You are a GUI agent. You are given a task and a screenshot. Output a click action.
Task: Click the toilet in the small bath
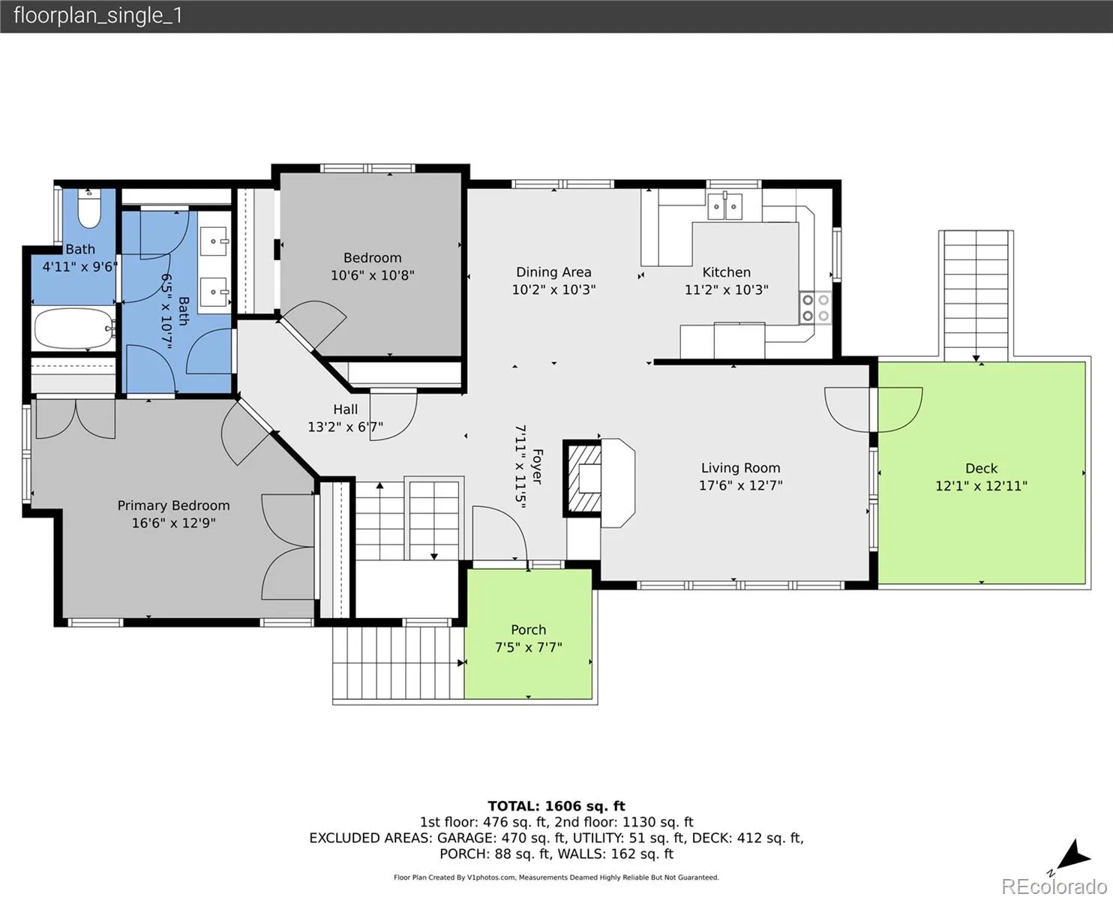[88, 209]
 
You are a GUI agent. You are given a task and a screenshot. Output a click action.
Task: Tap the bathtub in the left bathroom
[74, 328]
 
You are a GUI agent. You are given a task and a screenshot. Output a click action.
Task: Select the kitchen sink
[724, 206]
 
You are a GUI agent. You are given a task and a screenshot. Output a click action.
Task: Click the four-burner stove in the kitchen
[816, 307]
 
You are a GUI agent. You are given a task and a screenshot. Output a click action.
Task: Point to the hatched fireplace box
[583, 478]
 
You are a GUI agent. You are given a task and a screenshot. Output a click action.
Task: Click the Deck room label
[981, 468]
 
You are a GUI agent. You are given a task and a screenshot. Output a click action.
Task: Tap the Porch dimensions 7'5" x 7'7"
[528, 647]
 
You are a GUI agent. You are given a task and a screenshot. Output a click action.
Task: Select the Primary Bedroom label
[173, 505]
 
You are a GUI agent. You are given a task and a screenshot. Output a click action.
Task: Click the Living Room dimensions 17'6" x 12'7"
[740, 485]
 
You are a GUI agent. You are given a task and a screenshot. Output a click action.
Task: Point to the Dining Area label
[553, 272]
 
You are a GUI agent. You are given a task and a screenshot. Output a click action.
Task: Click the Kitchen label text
[726, 272]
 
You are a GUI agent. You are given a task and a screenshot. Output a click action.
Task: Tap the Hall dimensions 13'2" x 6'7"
[345, 427]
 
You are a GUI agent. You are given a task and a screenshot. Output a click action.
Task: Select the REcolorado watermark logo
[1054, 886]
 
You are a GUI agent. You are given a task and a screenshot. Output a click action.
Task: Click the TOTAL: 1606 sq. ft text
[556, 806]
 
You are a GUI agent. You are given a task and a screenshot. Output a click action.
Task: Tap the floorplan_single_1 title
[98, 16]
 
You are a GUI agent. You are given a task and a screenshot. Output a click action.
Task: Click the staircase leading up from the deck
[976, 295]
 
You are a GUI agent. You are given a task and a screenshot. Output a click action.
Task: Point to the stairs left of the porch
[399, 663]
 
